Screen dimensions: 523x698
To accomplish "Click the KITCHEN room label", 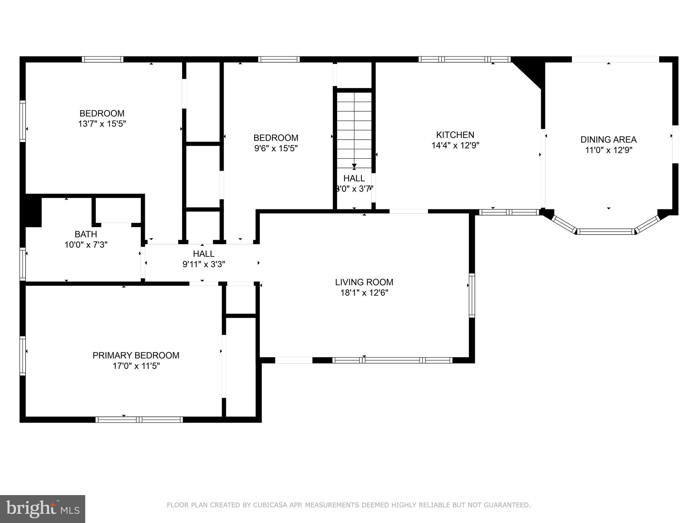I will coord(455,135).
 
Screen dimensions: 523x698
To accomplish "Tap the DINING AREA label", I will coord(608,140).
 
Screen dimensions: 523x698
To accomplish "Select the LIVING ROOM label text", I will coord(364,282).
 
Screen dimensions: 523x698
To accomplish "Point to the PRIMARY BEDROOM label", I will coord(136,355).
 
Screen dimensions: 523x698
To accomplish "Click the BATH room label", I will coord(86,234).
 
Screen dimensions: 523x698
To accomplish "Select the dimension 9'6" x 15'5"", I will coord(276,148).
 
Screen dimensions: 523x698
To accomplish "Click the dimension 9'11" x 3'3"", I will coord(204,264).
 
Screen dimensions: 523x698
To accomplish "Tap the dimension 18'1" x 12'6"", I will coord(364,293).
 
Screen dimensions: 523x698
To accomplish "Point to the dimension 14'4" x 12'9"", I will coord(455,146).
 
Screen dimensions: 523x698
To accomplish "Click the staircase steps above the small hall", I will coord(354,126).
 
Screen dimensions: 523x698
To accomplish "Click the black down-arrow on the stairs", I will coord(354,165).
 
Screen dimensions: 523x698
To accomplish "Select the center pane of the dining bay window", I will coord(606,232).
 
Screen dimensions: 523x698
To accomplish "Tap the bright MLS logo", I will coord(42,509).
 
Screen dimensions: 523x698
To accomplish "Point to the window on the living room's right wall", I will coord(472,295).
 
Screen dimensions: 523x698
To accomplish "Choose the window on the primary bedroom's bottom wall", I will coord(139,419).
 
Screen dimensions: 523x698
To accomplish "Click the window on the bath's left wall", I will coord(22,264).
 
